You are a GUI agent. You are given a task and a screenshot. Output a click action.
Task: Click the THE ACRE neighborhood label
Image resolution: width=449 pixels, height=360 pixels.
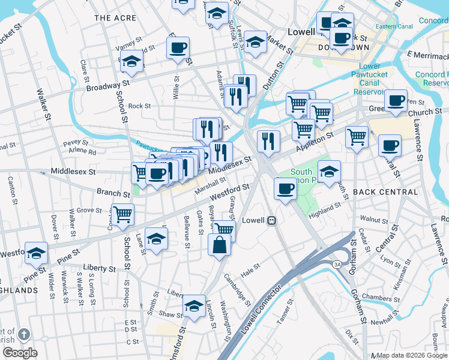[x=115, y=18]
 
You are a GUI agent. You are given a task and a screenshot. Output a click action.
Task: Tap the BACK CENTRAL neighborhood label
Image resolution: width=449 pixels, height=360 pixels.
[x=385, y=192]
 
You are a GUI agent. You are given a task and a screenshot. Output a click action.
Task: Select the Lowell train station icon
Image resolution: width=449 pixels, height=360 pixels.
[x=271, y=220]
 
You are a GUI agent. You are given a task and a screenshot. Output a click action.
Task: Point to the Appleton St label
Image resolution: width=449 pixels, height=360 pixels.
[x=314, y=142]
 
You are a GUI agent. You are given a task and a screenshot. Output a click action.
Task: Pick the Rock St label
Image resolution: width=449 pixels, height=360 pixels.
[x=139, y=106]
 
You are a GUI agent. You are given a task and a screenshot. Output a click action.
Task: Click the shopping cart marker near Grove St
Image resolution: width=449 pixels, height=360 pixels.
[x=123, y=214]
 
